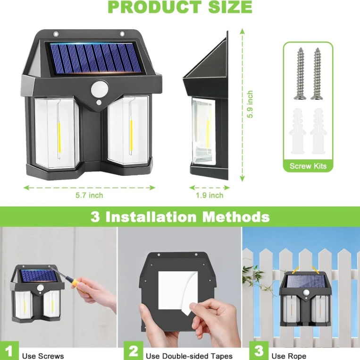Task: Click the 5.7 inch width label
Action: [89, 196]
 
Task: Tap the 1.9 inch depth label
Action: [209, 196]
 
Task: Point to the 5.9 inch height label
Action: [250, 104]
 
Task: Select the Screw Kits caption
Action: [308, 166]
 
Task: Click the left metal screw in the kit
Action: [300, 74]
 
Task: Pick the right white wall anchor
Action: [318, 131]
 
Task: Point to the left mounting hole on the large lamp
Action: [56, 34]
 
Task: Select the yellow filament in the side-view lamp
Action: [208, 132]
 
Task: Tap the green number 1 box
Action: [9, 351]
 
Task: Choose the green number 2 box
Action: [134, 351]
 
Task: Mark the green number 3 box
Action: [259, 351]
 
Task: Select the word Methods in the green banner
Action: [236, 217]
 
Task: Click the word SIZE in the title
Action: [230, 7]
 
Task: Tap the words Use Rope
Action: [289, 356]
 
